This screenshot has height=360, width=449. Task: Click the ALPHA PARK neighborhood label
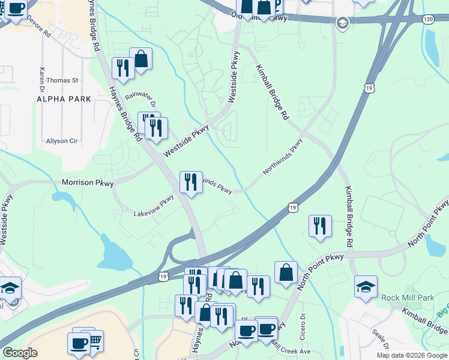[x=64, y=98]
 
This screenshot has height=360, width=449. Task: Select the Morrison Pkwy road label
[x=88, y=182]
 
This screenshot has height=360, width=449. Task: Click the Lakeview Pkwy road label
[x=154, y=209]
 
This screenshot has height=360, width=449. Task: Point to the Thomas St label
[x=62, y=80]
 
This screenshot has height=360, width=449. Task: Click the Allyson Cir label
[x=62, y=141]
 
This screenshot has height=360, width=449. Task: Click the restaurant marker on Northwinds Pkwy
[x=191, y=182]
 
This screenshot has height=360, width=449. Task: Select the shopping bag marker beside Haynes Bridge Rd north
[x=140, y=59]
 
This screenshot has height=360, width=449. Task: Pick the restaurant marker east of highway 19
[x=320, y=226]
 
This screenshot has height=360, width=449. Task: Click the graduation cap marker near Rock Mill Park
[x=366, y=286]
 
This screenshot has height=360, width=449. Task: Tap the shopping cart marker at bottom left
[x=94, y=341]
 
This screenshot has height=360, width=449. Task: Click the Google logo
[x=20, y=353]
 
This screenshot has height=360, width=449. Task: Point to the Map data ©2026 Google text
[x=411, y=355]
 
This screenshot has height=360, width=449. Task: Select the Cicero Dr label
[x=303, y=325]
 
